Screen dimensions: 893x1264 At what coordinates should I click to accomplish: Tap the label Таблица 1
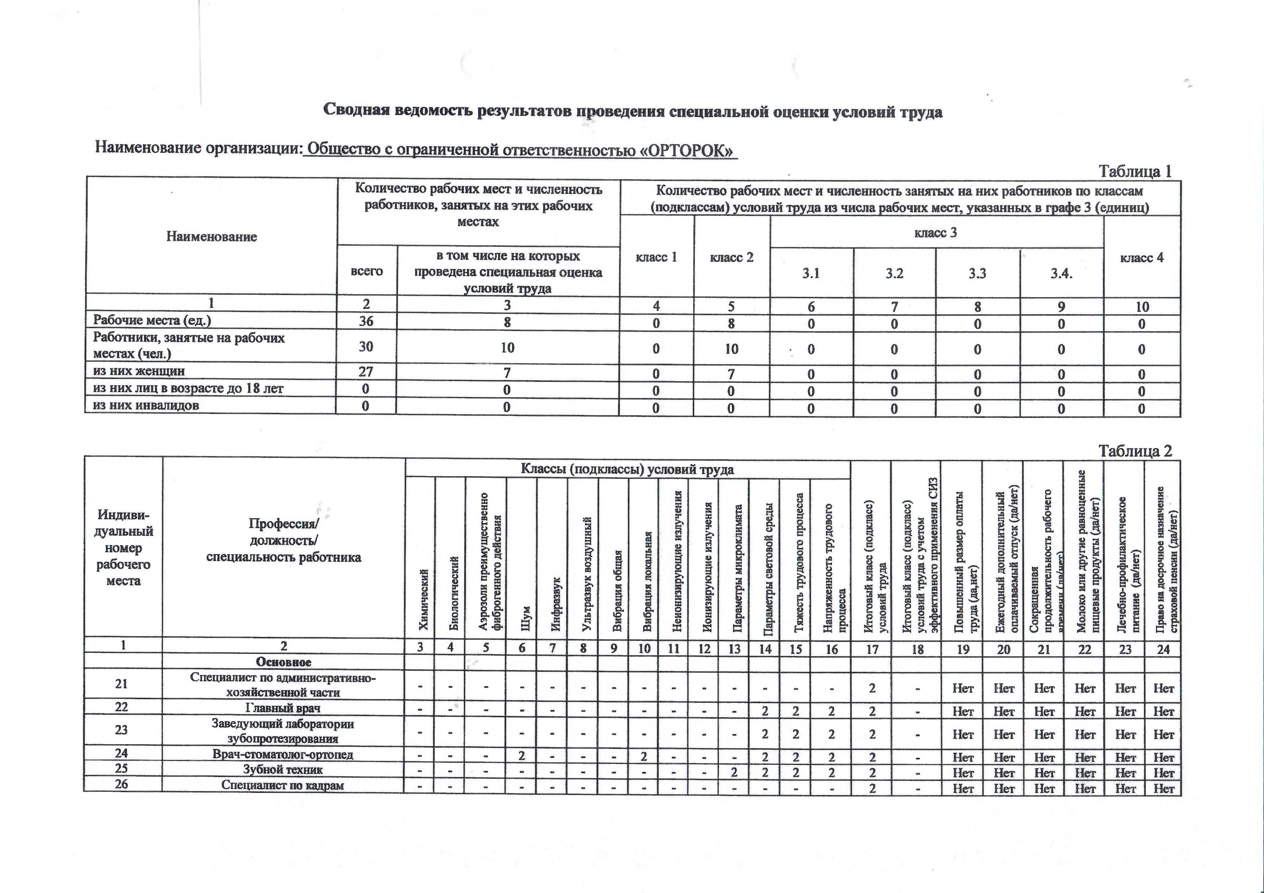click(1135, 172)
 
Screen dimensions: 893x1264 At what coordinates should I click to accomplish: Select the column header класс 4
click(1142, 258)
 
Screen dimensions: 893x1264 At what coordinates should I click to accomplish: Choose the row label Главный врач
click(283, 708)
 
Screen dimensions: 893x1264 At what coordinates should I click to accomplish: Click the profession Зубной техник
click(283, 770)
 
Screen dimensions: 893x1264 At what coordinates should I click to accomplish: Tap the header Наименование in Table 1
click(212, 237)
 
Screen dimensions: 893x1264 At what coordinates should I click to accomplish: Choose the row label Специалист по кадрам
click(283, 785)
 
